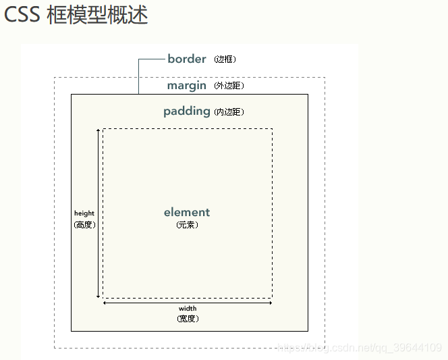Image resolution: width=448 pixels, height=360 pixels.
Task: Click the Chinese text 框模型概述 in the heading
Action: tap(97, 16)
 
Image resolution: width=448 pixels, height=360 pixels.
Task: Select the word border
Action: tap(187, 59)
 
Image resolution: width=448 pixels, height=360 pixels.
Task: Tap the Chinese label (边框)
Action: tap(225, 59)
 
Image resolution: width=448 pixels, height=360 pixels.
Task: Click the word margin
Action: tap(187, 86)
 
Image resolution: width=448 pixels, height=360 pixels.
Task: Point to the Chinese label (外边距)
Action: tap(229, 86)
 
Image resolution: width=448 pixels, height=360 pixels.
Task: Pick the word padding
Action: tap(187, 111)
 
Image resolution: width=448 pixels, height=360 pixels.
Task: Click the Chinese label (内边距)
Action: tap(229, 112)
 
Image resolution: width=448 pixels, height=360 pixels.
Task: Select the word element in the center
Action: tap(187, 212)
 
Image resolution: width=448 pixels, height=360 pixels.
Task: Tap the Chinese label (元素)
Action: tap(187, 225)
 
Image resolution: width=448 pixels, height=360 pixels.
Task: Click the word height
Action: tap(84, 213)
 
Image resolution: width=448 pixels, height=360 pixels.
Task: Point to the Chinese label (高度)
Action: tap(84, 225)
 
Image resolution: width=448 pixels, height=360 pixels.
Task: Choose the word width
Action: tap(188, 309)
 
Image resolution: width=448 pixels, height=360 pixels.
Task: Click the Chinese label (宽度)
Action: tap(188, 318)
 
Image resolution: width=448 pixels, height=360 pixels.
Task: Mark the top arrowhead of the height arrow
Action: tap(99, 130)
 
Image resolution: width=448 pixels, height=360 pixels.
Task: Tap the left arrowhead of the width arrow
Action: tap(105, 303)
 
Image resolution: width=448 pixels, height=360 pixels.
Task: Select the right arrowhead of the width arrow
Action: tap(270, 303)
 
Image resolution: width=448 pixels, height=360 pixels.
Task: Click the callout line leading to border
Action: tap(139, 74)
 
